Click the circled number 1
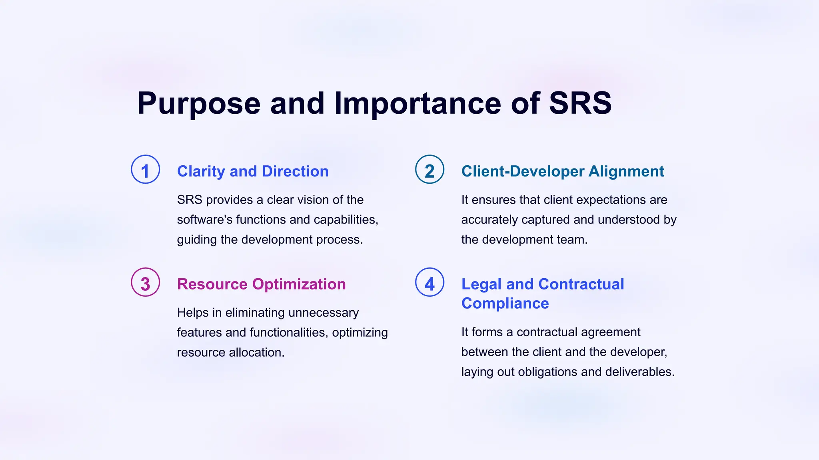coord(146,170)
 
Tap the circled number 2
coord(429,170)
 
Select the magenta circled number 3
coord(146,282)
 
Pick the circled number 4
coord(429,282)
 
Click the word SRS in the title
coord(580,103)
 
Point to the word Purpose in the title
coord(199,103)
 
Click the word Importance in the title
coord(417,103)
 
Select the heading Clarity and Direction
coord(253,171)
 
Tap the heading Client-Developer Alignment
coord(562,171)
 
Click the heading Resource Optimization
coord(261,284)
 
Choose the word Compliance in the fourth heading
coord(505,303)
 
